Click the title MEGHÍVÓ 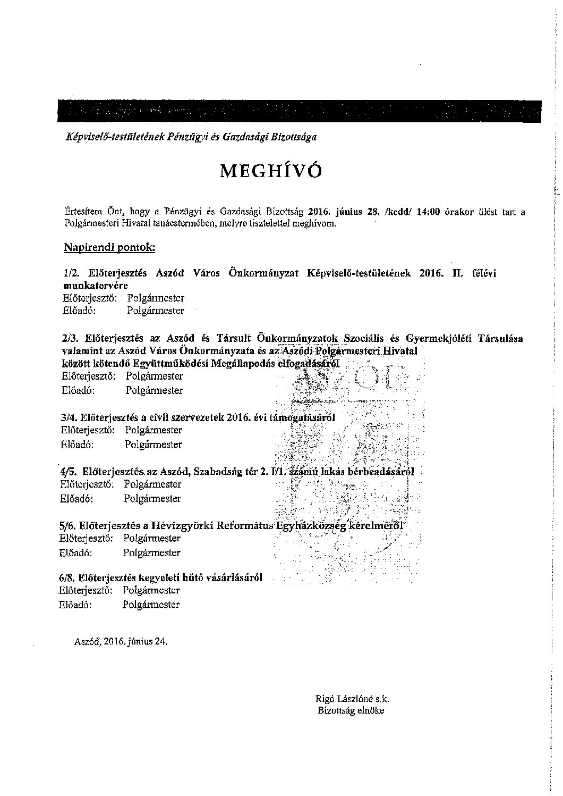coord(271,171)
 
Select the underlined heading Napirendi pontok coord(109,247)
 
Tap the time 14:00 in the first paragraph coord(429,212)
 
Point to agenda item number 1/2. coord(71,273)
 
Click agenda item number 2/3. coord(70,338)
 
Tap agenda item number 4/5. coord(68,471)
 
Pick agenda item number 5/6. coord(67,525)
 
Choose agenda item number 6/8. coord(67,577)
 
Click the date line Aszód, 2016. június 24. coord(122,641)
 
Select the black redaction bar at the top coord(300,111)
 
